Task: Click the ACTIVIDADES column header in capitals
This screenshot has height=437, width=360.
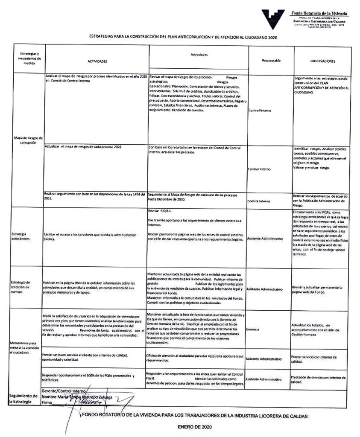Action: click(x=97, y=61)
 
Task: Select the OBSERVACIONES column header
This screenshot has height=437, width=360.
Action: click(x=323, y=61)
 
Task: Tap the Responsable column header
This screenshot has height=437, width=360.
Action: click(x=271, y=61)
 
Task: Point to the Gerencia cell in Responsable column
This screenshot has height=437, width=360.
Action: click(x=253, y=329)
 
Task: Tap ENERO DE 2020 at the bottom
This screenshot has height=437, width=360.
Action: click(x=194, y=426)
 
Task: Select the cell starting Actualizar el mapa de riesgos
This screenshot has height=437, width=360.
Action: click(x=84, y=147)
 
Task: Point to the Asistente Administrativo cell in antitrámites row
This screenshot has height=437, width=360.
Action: click(x=265, y=239)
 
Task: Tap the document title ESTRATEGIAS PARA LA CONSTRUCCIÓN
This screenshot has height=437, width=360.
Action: click(x=183, y=37)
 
